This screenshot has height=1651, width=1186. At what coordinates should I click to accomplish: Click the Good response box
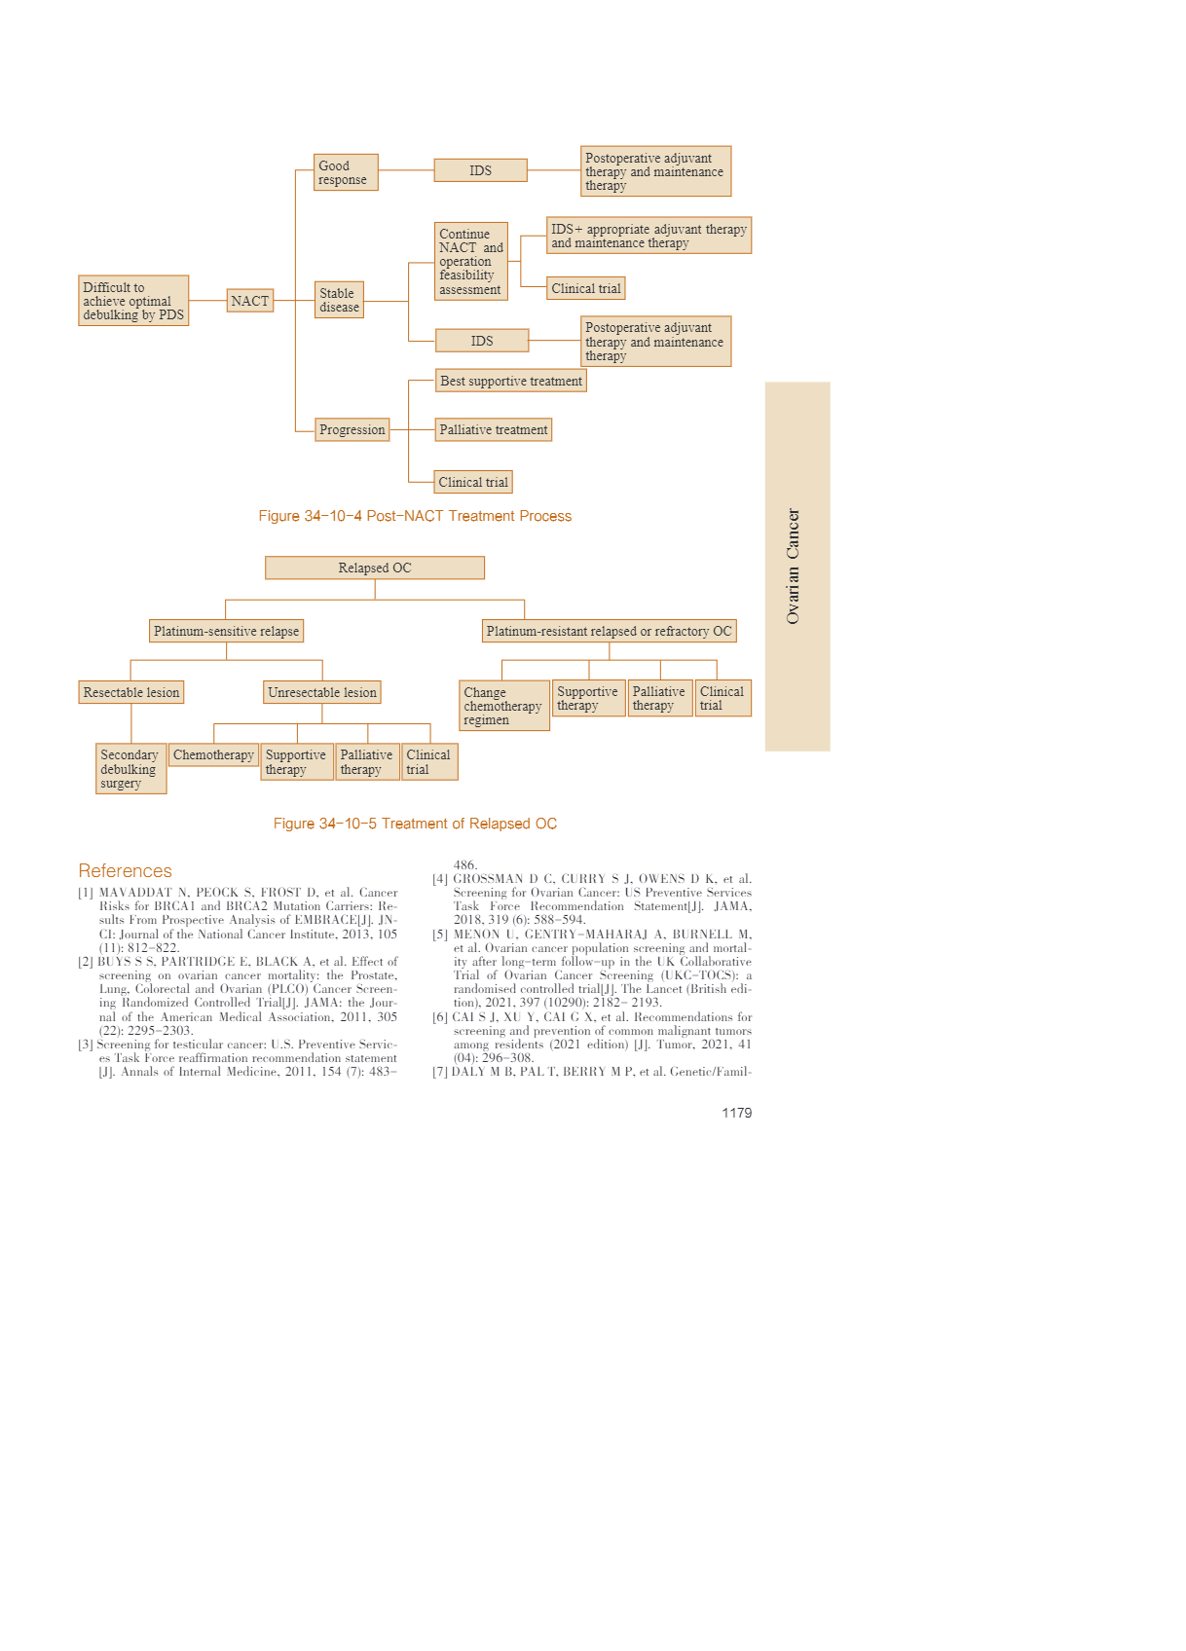345,172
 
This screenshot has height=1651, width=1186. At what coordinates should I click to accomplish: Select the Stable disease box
339,300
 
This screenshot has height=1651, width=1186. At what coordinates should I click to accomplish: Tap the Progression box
352,429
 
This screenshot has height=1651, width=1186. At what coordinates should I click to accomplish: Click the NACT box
249,301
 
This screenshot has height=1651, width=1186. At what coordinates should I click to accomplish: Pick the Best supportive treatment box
510,381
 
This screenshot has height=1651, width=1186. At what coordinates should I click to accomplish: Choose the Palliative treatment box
493,429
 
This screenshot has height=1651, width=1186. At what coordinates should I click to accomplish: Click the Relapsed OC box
374,568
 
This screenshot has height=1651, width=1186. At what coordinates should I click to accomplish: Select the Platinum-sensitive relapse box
226,631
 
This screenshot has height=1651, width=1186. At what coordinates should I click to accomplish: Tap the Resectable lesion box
131,692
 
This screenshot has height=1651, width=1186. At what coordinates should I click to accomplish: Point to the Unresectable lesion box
321,692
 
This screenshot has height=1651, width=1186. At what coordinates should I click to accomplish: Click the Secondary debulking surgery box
130,769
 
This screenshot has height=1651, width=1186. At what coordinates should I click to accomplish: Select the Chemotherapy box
213,754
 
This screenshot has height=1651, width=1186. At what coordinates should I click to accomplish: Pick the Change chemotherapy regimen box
503,706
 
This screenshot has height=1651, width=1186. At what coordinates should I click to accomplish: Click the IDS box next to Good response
480,170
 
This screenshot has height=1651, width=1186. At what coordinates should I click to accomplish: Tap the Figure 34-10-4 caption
415,516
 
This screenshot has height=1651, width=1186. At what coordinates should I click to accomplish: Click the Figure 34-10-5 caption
415,824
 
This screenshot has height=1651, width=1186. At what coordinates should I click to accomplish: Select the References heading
125,870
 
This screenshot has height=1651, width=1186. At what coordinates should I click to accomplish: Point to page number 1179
736,1113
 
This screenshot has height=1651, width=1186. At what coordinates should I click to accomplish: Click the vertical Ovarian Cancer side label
793,567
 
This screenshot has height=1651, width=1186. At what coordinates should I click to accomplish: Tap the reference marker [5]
440,935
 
